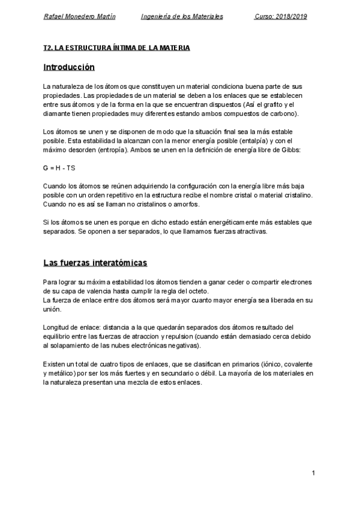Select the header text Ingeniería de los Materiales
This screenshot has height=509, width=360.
coord(182,17)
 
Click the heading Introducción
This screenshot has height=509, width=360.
coord(69,67)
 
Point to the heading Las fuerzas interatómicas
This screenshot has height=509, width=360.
coord(95,263)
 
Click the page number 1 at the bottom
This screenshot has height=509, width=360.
coord(314,474)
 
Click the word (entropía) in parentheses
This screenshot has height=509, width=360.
coord(106,149)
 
